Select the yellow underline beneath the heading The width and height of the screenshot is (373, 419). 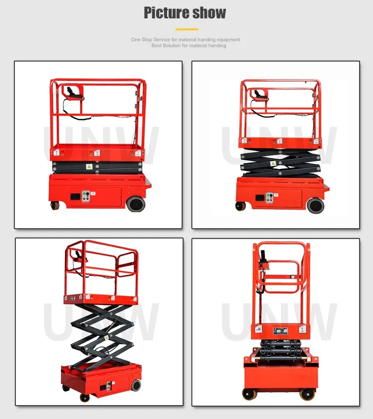click(186, 29)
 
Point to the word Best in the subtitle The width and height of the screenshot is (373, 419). click(157, 46)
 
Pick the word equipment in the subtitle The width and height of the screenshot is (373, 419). click(229, 39)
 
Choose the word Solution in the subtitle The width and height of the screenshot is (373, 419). click(174, 46)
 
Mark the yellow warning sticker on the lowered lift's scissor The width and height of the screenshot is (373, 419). click(90, 167)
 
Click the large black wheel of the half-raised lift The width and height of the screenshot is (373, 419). click(315, 205)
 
